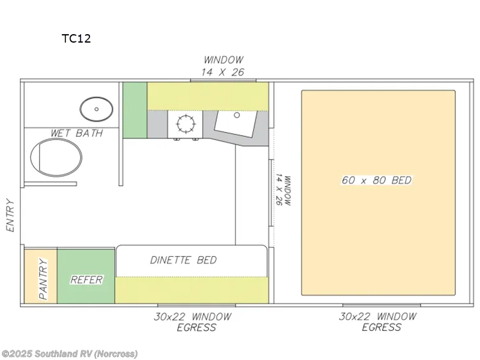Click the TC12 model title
[x=76, y=38]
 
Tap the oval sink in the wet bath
[x=97, y=109]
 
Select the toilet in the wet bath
[x=56, y=157]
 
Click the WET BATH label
[x=77, y=133]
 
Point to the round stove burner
[x=186, y=124]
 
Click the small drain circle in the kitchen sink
[x=236, y=115]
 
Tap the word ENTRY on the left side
[x=10, y=215]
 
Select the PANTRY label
[x=43, y=278]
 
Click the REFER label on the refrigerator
[x=86, y=280]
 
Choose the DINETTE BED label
[x=184, y=260]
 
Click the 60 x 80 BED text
[x=377, y=180]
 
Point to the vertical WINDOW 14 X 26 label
[x=283, y=190]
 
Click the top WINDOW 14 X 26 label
[x=223, y=66]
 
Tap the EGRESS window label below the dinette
[x=193, y=322]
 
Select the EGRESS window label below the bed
[x=378, y=322]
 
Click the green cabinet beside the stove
[x=135, y=110]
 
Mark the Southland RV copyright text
[x=69, y=354]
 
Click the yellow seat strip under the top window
[x=208, y=96]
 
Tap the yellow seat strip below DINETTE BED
[x=191, y=290]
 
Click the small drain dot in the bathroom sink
[x=97, y=109]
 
